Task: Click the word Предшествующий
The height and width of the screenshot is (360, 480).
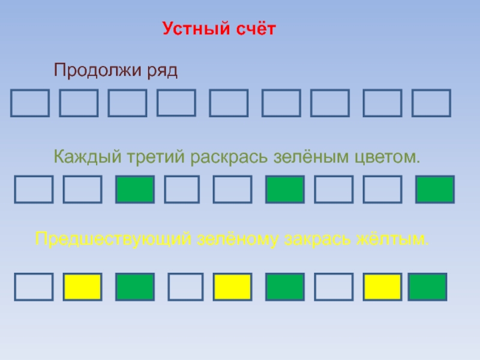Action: pos(114,240)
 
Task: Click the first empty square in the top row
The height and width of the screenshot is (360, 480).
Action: pos(30,103)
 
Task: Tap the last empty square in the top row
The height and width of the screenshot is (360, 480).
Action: pos(431,103)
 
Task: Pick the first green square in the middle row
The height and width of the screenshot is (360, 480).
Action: pos(135,189)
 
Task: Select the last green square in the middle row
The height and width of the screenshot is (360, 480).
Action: pos(435,189)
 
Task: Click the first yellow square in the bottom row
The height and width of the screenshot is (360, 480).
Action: pos(83,286)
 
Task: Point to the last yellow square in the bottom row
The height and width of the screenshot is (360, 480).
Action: pos(382,286)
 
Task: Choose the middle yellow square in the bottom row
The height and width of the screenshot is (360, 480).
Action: pos(232,286)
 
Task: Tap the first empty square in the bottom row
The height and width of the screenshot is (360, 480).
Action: pos(34,286)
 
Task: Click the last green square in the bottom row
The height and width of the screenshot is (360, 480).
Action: pos(427,286)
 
